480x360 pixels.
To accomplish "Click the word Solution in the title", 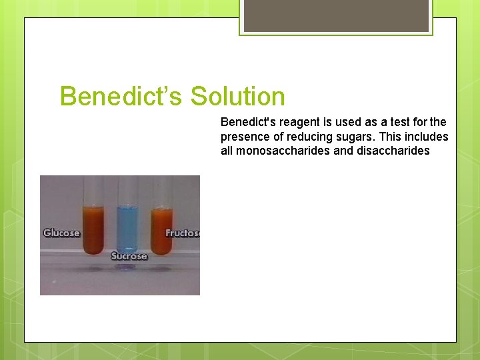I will pyautogui.click(x=237, y=97).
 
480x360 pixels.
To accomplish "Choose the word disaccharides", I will pyautogui.click(x=397, y=151).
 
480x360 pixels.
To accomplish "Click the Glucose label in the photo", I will pyautogui.click(x=61, y=233).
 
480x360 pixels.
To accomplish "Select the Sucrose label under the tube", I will pyautogui.click(x=129, y=256).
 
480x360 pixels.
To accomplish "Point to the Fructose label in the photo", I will pyautogui.click(x=182, y=233).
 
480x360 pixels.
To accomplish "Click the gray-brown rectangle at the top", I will pyautogui.click(x=336, y=15).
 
